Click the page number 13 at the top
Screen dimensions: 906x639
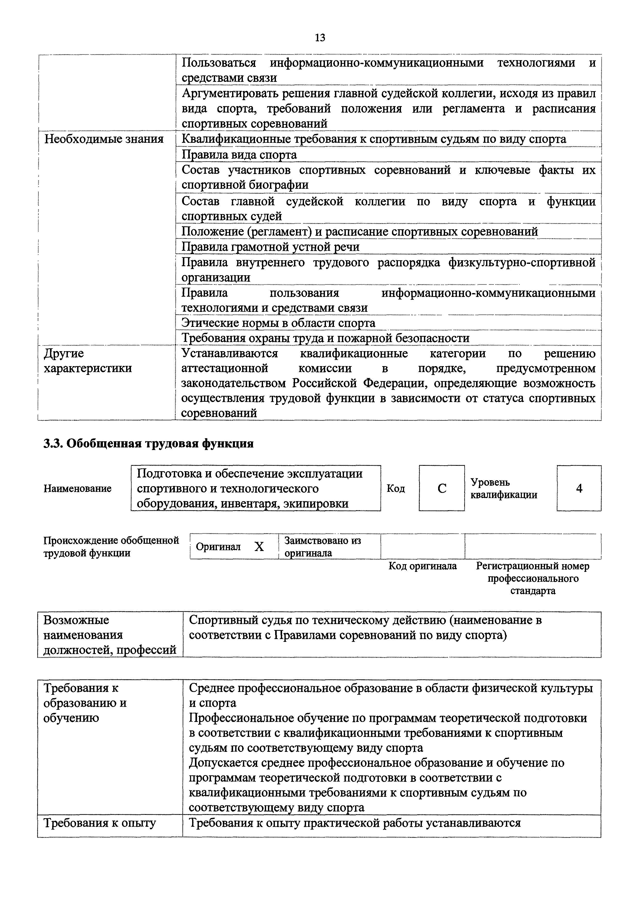click(320, 38)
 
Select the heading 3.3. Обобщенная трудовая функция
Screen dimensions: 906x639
click(148, 444)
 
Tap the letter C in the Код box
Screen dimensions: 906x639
click(442, 489)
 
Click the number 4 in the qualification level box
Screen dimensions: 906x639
click(579, 489)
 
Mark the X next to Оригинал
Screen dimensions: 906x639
click(259, 547)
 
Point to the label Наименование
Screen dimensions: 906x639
click(78, 489)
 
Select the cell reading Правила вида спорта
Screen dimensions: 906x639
click(239, 155)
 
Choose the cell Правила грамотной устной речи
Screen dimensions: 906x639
click(271, 247)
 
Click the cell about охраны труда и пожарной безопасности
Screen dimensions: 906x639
click(325, 338)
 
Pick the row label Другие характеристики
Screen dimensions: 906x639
click(87, 361)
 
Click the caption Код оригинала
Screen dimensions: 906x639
click(423, 566)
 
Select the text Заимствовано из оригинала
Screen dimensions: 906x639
click(322, 547)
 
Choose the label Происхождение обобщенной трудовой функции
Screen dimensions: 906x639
click(111, 547)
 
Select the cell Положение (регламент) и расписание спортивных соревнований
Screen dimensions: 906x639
click(359, 232)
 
